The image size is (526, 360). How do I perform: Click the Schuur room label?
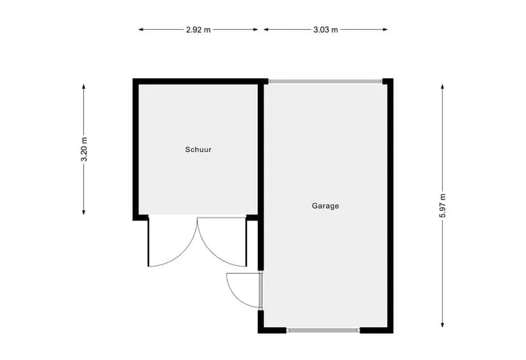[x=198, y=150]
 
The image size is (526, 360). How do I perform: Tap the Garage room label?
[x=325, y=206]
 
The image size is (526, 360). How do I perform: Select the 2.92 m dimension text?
[x=198, y=30]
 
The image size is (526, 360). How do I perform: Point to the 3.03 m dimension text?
[x=325, y=30]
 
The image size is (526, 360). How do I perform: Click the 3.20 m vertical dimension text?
[x=84, y=150]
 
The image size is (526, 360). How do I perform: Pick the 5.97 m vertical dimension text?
[x=443, y=206]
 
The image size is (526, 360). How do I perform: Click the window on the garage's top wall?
[x=325, y=81]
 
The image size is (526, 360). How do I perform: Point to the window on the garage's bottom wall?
[x=323, y=330]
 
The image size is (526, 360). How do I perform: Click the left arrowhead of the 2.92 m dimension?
[x=141, y=29]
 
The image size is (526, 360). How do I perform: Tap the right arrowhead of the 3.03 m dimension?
[x=385, y=29]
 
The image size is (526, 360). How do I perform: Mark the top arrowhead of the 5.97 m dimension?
[x=443, y=87]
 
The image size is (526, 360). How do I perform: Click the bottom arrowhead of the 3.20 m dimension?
[x=83, y=212]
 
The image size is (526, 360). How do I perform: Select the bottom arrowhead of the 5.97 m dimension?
[x=443, y=324]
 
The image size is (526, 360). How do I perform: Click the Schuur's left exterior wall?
[x=136, y=150]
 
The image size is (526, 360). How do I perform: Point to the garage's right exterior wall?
[x=390, y=206]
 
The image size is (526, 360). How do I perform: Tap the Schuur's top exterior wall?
[x=200, y=82]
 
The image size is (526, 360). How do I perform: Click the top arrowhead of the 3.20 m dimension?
[x=83, y=87]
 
